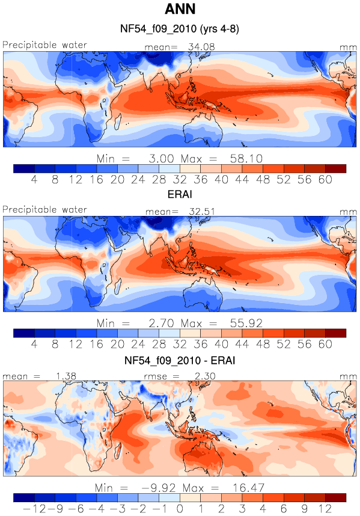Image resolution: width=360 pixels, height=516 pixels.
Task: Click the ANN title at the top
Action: click(180, 9)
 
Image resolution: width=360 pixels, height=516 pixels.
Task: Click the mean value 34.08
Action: click(201, 47)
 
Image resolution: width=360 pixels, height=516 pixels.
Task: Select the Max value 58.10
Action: click(246, 159)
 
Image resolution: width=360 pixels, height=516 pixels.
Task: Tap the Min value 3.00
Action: click(161, 159)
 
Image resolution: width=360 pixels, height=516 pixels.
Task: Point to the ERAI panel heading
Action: click(180, 194)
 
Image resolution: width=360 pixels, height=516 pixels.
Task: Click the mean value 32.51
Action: click(202, 212)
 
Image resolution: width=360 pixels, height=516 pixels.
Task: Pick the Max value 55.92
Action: click(246, 324)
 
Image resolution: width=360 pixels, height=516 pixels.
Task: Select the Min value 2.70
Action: click(161, 324)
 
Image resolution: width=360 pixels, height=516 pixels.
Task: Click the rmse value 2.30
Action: click(205, 376)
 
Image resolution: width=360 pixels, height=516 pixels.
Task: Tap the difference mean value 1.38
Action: click(66, 376)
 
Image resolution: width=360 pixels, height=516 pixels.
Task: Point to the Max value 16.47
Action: click(248, 488)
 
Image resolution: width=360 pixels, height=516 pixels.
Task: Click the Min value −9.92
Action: click(159, 488)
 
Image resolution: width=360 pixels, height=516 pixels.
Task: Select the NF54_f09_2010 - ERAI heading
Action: click(180, 360)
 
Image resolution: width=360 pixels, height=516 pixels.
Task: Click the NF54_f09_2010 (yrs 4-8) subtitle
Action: click(180, 29)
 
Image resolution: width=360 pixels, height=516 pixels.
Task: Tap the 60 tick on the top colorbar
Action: click(325, 180)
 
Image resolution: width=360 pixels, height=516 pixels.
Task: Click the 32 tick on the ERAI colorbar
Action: click(180, 344)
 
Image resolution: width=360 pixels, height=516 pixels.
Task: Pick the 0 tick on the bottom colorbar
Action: click(180, 509)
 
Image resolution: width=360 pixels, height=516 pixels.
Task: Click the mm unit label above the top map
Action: click(348, 48)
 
